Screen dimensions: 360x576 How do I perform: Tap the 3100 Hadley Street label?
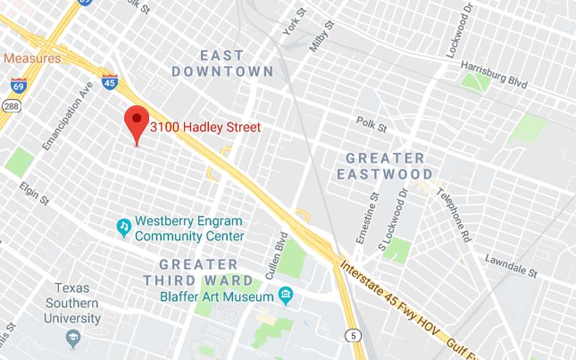click(x=205, y=127)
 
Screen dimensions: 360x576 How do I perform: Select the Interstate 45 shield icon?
click(x=110, y=81)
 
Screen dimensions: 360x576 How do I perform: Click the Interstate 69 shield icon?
click(x=19, y=85)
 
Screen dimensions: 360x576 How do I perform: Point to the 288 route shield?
click(x=11, y=106)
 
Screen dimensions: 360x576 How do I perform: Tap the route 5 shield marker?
click(x=355, y=336)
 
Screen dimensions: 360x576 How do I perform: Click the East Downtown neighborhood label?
click(x=222, y=64)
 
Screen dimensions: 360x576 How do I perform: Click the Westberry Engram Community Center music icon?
click(x=124, y=227)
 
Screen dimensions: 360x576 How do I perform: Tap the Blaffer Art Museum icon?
click(x=286, y=294)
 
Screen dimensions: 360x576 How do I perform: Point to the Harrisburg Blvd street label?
click(x=494, y=75)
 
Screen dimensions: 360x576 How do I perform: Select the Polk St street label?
click(x=371, y=124)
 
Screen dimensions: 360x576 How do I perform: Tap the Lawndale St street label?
click(x=511, y=266)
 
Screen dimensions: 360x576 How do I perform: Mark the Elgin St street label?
click(x=33, y=193)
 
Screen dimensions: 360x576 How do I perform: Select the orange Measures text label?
click(x=32, y=58)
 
